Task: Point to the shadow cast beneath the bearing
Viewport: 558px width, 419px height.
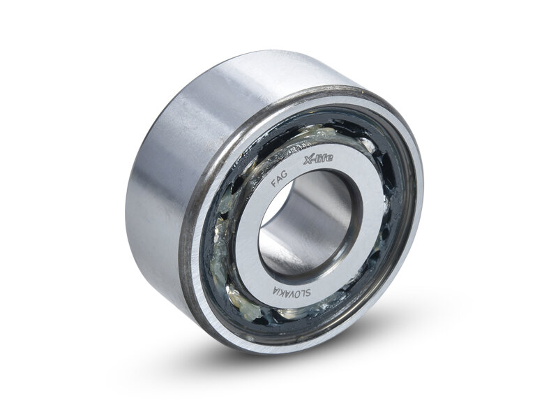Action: tap(279, 363)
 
